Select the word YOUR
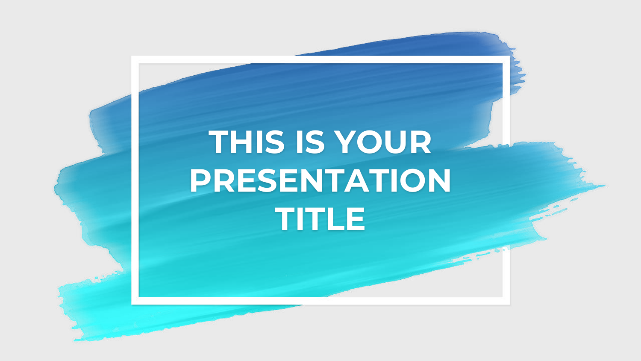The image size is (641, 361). point(383,142)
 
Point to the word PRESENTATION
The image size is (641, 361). point(320,180)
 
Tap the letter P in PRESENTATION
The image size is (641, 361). point(200,180)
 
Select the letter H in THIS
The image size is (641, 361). point(241,142)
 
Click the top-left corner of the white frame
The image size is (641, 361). point(132,56)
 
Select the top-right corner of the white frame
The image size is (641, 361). point(509,56)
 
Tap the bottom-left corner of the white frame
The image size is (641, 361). point(132,304)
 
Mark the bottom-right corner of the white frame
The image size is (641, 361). point(509,304)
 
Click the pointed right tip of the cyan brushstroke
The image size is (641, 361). point(605,186)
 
